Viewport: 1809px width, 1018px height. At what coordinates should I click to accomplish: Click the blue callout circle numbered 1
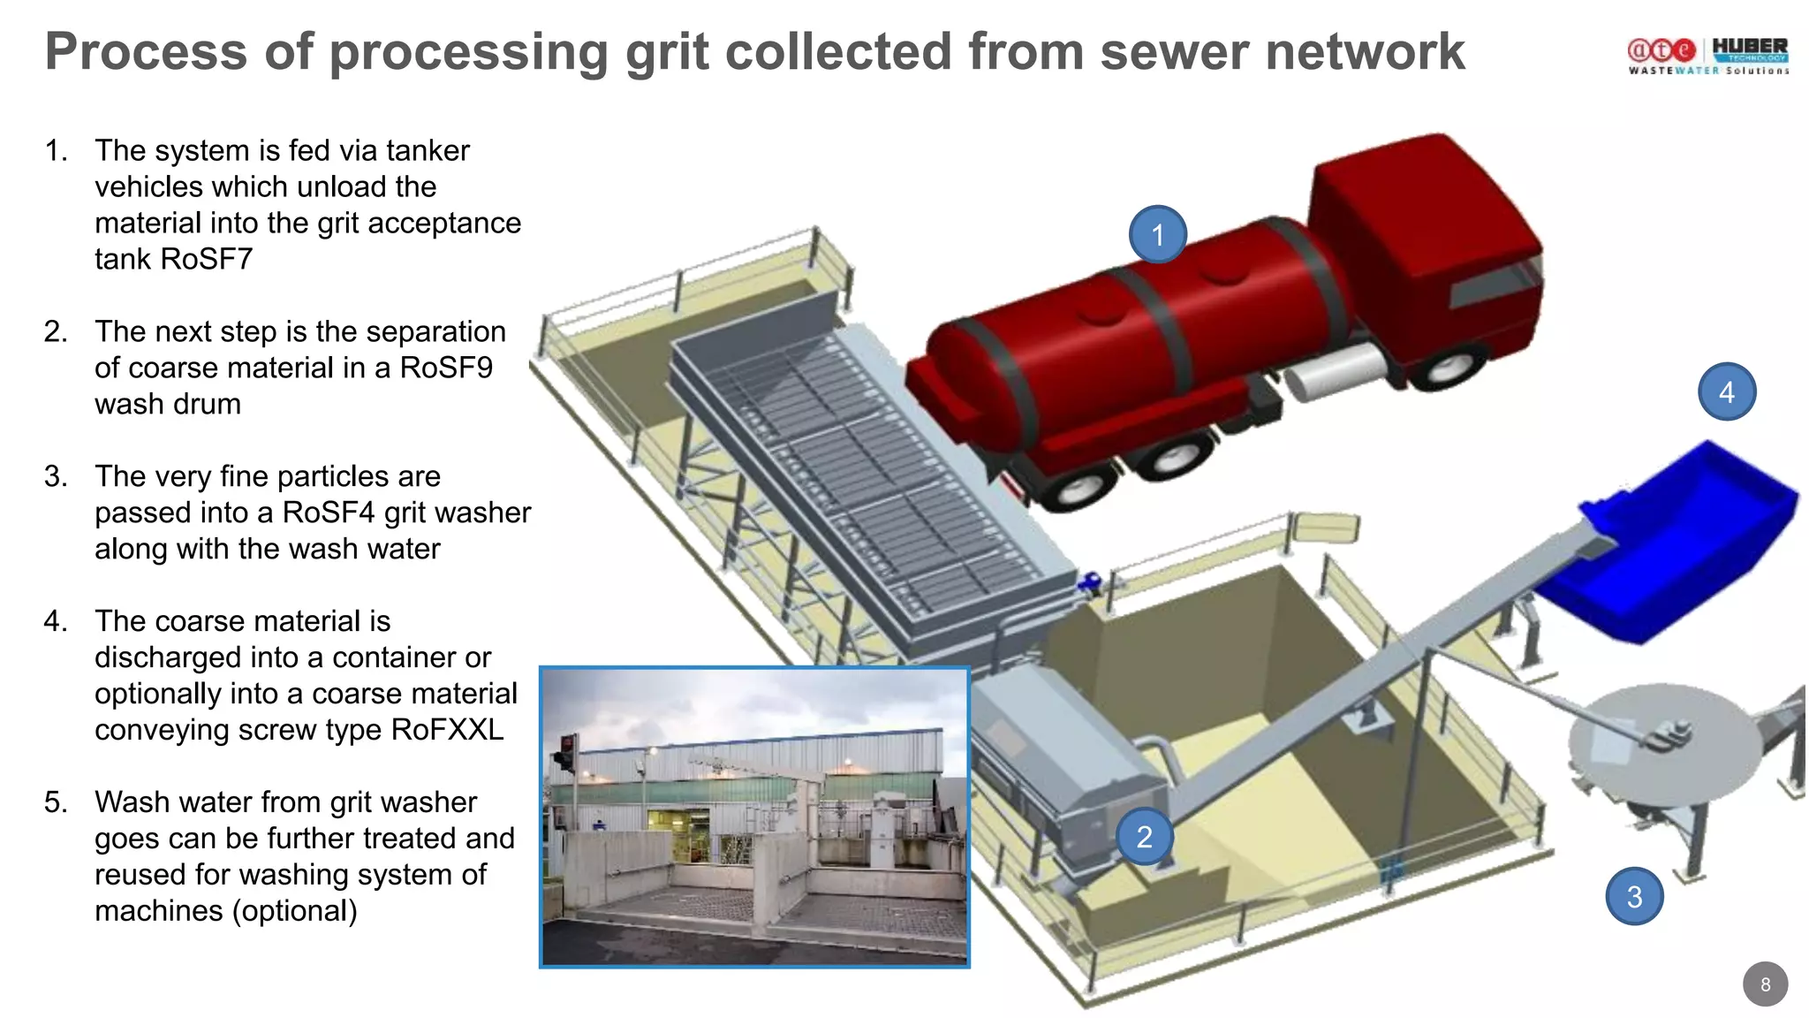pos(1157,235)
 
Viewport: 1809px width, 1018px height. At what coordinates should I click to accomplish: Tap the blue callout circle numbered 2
pos(1144,836)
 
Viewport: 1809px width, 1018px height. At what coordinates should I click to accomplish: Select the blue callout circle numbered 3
pos(1634,896)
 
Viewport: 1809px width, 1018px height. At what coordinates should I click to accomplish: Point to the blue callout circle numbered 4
pos(1727,391)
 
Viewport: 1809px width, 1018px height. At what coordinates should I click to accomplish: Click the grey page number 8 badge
pos(1765,984)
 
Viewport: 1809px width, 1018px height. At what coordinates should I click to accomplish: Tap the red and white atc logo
pos(1661,49)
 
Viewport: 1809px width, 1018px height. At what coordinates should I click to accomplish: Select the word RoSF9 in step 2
pos(446,368)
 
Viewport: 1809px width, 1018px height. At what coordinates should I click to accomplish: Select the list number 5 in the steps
pos(56,802)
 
